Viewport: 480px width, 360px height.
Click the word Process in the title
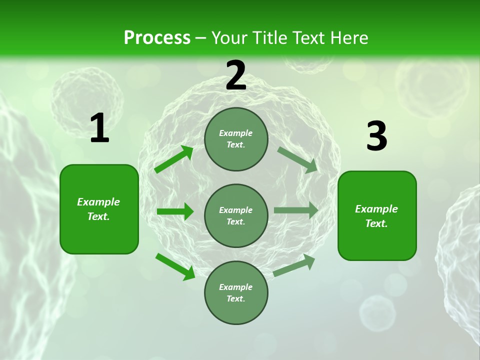(x=157, y=38)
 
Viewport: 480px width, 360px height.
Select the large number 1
(x=99, y=128)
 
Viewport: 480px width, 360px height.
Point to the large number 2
(x=236, y=75)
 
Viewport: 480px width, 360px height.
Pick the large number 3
(x=376, y=136)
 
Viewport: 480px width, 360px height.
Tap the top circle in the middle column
(x=236, y=139)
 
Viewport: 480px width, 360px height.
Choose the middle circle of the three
(x=236, y=215)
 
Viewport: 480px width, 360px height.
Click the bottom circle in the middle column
(x=236, y=292)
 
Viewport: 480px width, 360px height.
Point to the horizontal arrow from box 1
(x=175, y=211)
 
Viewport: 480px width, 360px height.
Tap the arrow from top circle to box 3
(x=298, y=159)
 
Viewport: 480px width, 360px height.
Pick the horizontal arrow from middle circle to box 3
(x=296, y=210)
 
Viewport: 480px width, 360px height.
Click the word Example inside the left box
(x=98, y=202)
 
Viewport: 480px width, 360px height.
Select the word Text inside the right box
(x=376, y=223)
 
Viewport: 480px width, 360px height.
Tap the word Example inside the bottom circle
(x=235, y=287)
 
